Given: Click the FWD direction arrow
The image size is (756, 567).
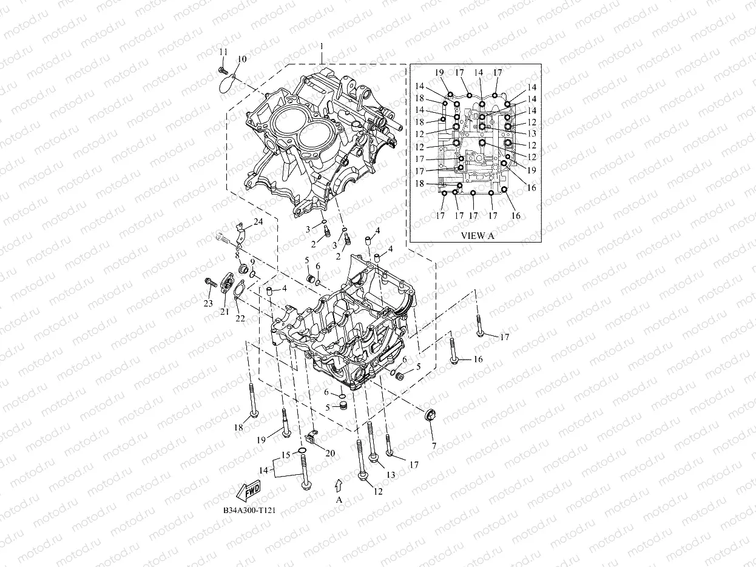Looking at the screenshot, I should tap(249, 489).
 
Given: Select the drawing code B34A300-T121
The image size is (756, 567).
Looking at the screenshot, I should tap(249, 511).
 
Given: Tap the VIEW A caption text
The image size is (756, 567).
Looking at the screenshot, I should tap(478, 236).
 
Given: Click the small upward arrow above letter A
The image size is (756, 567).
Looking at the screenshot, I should tap(339, 484).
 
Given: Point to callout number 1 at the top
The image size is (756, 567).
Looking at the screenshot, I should tap(322, 47).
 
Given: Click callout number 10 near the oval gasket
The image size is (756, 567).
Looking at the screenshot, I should tap(242, 59).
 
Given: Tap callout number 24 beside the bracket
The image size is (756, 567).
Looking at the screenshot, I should tap(258, 222).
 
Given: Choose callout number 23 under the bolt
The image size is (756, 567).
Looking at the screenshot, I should tap(208, 303).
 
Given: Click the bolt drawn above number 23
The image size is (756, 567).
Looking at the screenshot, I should tap(211, 282).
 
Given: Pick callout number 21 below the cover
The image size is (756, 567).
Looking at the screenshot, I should tap(224, 312).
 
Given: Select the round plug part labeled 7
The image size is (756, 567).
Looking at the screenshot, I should tap(431, 417).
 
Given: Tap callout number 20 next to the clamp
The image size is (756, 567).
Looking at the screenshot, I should tap(330, 453).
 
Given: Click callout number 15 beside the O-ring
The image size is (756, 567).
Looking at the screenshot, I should tap(285, 455).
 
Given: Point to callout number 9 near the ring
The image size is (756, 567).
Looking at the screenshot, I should tap(252, 261).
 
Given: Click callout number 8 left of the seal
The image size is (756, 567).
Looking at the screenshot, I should tap(237, 255).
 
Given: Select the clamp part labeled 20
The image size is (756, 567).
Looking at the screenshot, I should tap(312, 435).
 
